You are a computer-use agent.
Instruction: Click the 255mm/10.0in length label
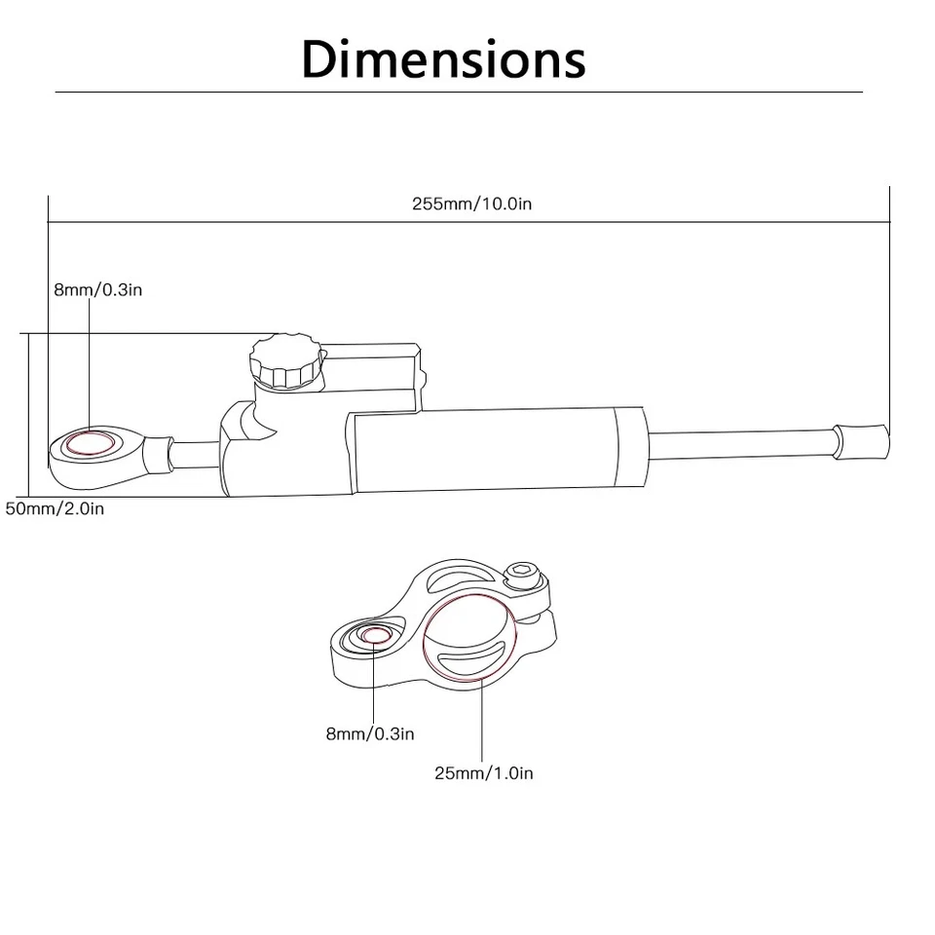(x=471, y=204)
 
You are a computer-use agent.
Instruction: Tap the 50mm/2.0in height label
(x=55, y=508)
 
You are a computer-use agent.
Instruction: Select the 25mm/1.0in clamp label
(x=483, y=773)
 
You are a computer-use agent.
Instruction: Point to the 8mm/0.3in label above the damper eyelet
(x=98, y=289)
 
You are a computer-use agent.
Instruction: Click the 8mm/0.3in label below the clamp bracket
(x=370, y=733)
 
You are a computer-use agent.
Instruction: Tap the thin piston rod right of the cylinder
(x=740, y=441)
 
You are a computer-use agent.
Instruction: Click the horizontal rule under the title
(x=458, y=92)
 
